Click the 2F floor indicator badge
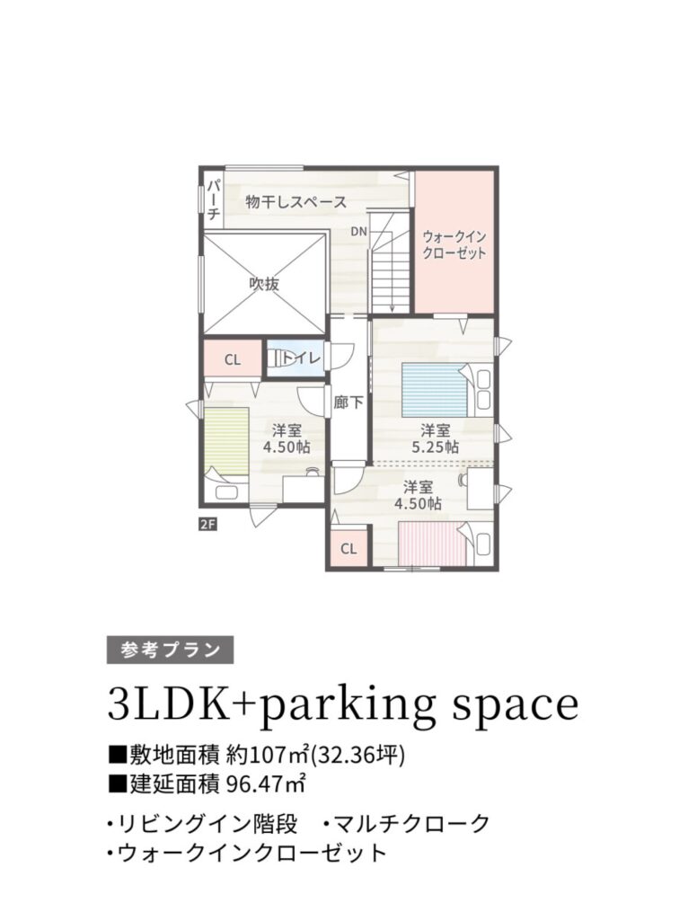[208, 524]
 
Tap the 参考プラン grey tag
[170, 650]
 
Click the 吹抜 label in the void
[265, 284]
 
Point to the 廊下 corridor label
[348, 402]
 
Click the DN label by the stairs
[359, 232]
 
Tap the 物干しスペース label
[296, 202]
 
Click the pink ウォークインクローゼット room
[455, 242]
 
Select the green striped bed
[226, 441]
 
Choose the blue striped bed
[435, 390]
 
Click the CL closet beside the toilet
[233, 359]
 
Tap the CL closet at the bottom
[349, 549]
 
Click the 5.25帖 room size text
[435, 447]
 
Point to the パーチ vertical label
[214, 199]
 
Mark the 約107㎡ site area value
[267, 755]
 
